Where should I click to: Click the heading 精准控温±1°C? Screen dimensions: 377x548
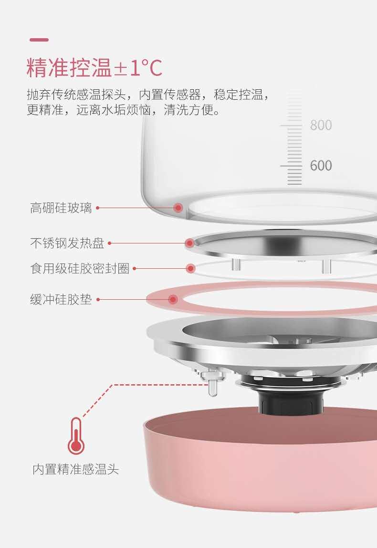[x=94, y=68]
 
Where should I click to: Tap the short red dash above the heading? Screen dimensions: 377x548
[x=39, y=40]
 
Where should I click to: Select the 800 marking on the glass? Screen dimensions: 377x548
[x=321, y=125]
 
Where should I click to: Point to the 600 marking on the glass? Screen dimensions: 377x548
[x=321, y=166]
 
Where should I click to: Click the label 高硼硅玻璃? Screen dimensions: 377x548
[x=61, y=208]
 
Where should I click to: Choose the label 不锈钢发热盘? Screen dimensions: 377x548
[x=67, y=243]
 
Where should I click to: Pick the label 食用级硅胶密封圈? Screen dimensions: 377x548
[x=80, y=268]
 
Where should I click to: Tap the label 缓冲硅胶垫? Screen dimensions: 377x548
[x=61, y=300]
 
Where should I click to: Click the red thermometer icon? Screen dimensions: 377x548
[x=76, y=436]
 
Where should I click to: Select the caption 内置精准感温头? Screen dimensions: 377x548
[x=75, y=469]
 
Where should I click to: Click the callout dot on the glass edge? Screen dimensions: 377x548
[x=178, y=208]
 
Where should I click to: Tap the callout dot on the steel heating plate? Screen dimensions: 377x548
[x=190, y=243]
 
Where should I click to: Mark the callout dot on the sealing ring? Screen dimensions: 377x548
[x=190, y=268]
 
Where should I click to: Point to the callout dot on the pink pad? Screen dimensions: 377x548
[x=173, y=300]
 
